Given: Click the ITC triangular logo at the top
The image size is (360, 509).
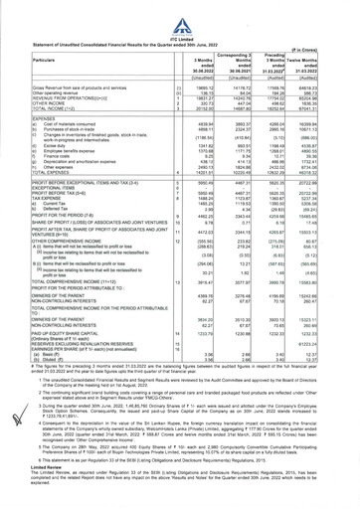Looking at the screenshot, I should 179,11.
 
